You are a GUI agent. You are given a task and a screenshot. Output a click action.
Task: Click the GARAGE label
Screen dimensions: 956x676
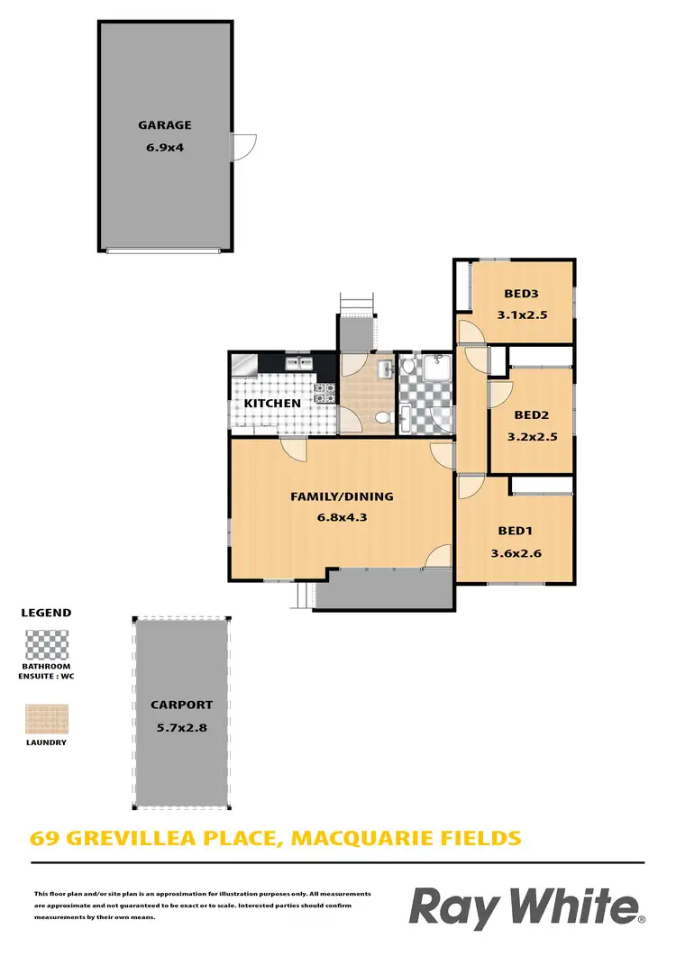tap(164, 126)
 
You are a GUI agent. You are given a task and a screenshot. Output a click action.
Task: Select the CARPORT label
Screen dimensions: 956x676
tap(181, 706)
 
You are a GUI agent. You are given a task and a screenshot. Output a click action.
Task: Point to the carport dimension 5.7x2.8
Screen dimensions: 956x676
tap(181, 727)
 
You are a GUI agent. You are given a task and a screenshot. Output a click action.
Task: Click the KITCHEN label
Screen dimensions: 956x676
tap(272, 404)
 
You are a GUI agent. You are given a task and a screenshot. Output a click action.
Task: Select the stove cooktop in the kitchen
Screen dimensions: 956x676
tap(324, 391)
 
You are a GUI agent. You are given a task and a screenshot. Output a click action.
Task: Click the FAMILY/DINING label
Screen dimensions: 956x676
tap(342, 496)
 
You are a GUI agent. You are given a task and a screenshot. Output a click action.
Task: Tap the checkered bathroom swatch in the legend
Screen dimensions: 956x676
tap(46, 646)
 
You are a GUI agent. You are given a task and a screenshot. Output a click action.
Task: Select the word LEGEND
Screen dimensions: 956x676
tap(46, 613)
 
